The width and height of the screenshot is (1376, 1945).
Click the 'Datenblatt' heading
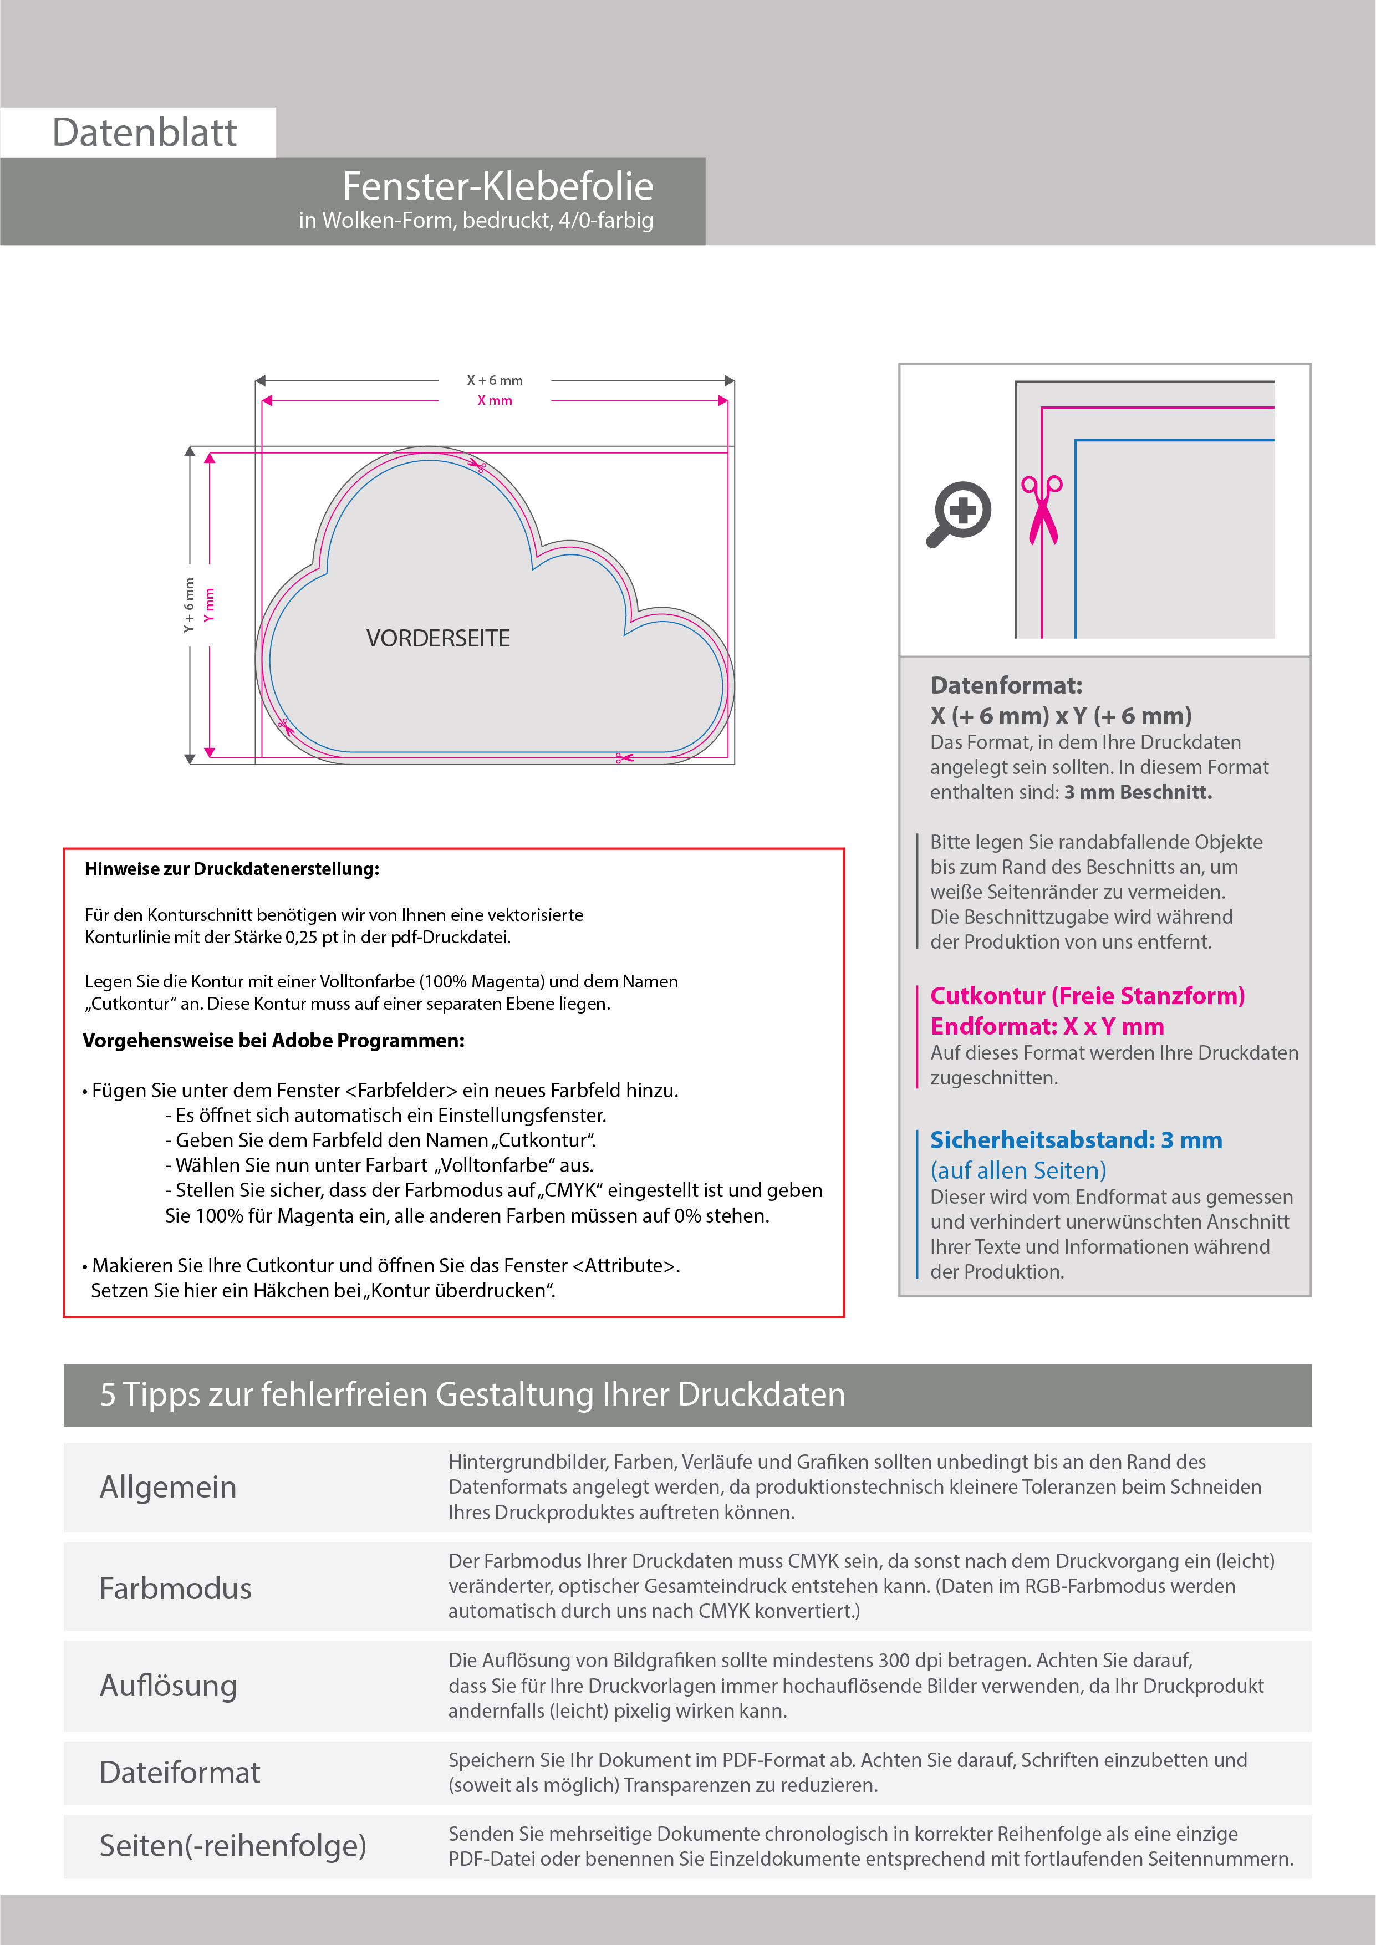(x=144, y=133)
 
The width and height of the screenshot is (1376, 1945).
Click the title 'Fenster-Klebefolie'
(x=497, y=186)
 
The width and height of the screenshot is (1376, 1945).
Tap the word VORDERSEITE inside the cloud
(x=438, y=639)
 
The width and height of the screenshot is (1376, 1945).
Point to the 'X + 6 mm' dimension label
(x=495, y=380)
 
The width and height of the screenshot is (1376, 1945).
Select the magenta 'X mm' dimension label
(x=495, y=401)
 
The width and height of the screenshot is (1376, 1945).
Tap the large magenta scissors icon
(x=1042, y=509)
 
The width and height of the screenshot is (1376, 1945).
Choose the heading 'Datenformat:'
(x=1006, y=685)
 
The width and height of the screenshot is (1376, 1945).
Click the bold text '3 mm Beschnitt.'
(x=1138, y=792)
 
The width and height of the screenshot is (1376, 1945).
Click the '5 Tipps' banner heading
(x=472, y=1394)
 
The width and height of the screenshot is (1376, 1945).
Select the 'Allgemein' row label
(x=168, y=1486)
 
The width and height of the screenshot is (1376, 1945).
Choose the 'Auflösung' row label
(x=168, y=1685)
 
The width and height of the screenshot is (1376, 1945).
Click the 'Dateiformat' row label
(x=180, y=1772)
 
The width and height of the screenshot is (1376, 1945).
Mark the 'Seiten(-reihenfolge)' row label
(x=233, y=1845)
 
